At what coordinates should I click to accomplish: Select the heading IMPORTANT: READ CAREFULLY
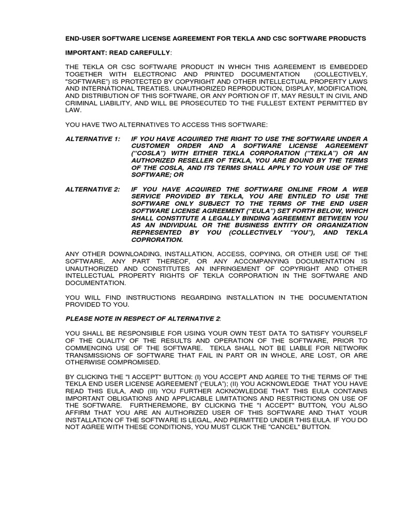(x=118, y=52)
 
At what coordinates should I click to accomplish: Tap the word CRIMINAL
(x=85, y=103)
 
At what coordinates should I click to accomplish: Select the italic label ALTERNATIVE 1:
(x=92, y=139)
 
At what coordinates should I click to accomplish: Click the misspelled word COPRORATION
(x=157, y=240)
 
